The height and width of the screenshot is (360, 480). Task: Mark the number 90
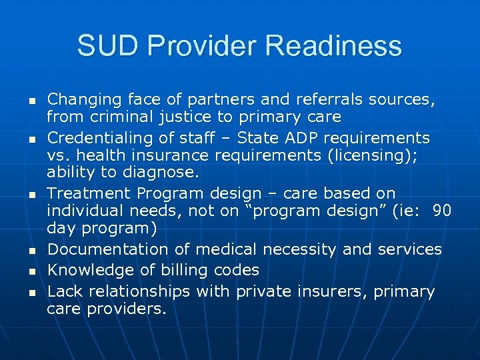tap(442, 211)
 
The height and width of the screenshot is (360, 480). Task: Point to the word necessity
tap(301, 249)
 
